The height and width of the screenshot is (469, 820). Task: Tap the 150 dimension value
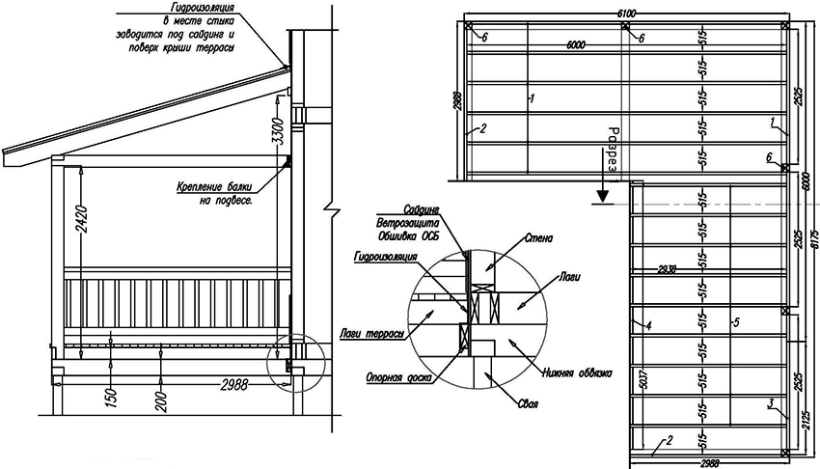coord(113,395)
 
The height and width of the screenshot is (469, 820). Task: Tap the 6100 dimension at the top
coord(626,12)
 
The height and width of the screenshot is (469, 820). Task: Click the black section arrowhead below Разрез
coord(600,198)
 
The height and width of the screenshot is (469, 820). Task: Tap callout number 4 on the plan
coord(649,325)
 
